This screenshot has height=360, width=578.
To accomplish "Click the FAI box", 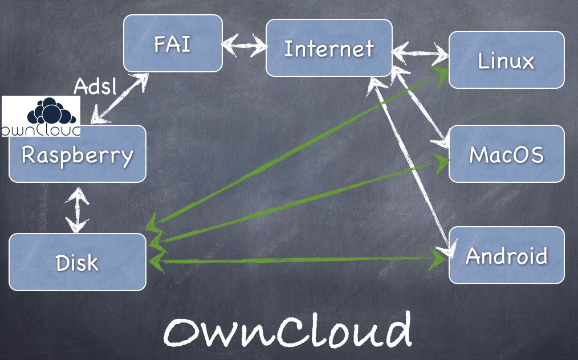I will pos(173,43).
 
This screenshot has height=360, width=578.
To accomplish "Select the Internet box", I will pos(329,48).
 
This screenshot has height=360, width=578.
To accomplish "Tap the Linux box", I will pos(506,60).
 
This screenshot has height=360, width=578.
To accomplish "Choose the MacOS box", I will pos(506,154).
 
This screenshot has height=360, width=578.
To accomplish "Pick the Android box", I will pos(506,255).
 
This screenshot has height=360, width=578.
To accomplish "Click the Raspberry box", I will pos(77,155).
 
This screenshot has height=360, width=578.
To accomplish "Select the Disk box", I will pos(77,262).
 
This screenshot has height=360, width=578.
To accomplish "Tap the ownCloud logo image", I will pos(41,117).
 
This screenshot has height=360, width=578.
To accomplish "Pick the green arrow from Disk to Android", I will pos(296,259).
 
